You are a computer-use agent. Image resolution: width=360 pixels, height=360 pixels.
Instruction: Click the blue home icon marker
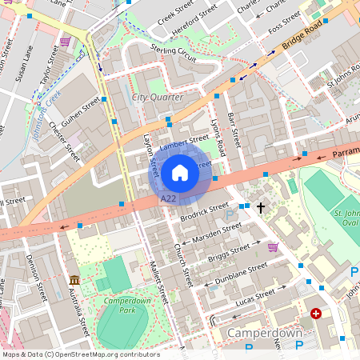180,173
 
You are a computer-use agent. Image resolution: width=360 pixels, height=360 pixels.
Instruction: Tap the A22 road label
168,198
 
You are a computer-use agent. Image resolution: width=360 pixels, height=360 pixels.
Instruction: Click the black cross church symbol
261,207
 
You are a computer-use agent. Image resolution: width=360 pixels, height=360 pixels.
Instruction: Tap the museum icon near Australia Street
74,280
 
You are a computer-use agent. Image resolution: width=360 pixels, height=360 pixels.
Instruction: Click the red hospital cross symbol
316,314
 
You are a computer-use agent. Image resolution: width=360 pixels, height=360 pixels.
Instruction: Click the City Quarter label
157,98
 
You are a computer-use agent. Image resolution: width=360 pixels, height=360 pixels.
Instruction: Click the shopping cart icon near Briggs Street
273,247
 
